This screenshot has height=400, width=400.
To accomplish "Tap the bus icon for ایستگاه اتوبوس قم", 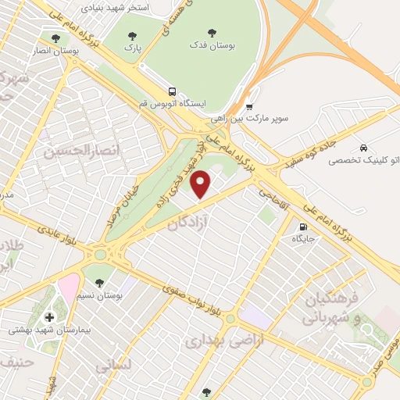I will point(172,90).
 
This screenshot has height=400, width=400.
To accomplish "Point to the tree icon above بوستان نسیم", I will point(98,281).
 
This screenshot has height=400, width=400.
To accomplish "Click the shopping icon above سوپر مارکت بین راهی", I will point(249,107).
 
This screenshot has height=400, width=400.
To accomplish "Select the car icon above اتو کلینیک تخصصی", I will point(364,148).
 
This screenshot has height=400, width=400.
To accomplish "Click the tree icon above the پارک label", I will point(132,35).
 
